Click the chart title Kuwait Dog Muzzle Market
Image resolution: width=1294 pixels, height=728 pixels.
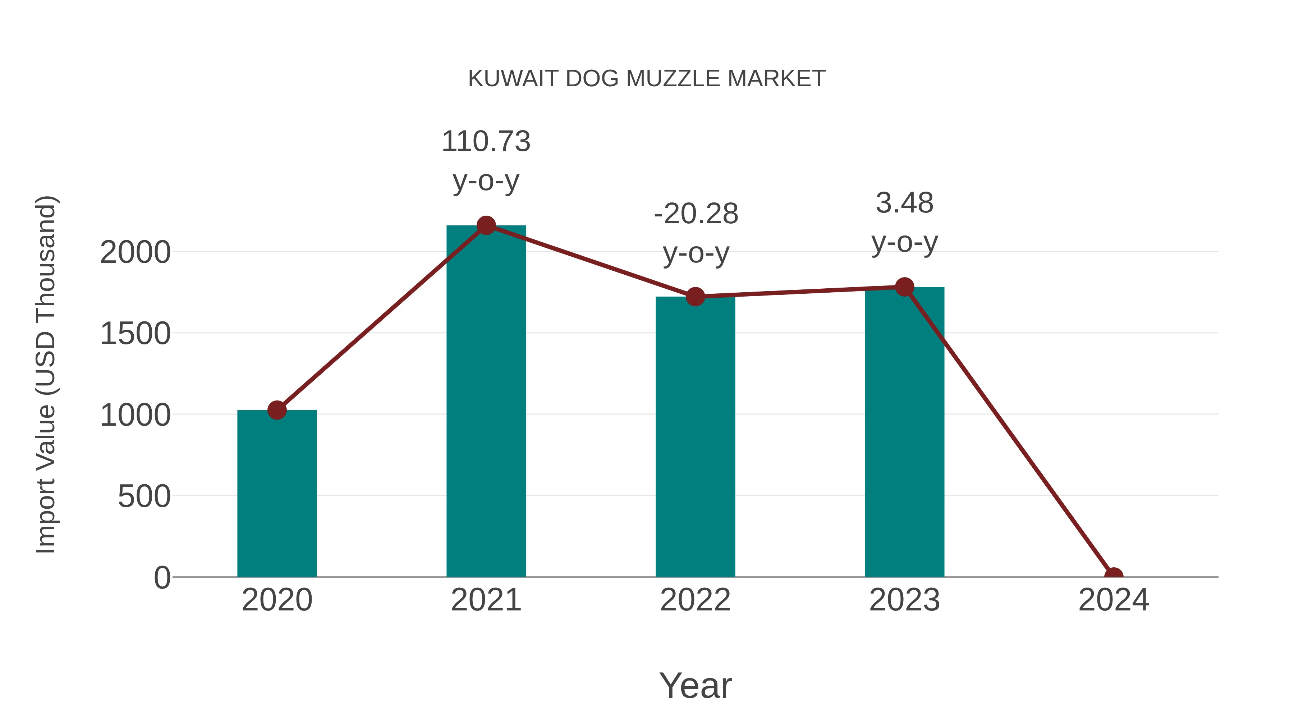647,79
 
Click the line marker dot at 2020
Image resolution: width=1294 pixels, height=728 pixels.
277,410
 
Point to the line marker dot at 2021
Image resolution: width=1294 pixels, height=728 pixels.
486,225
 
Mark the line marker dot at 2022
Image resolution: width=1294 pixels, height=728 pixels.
695,297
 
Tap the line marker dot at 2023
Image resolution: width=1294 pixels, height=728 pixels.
904,287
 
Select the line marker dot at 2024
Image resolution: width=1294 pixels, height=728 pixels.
1113,576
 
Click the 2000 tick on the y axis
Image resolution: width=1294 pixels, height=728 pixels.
135,252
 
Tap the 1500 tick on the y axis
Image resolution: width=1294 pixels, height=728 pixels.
135,334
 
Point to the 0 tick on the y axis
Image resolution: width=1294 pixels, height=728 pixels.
162,577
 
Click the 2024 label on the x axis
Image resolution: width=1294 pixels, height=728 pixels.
1113,600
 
